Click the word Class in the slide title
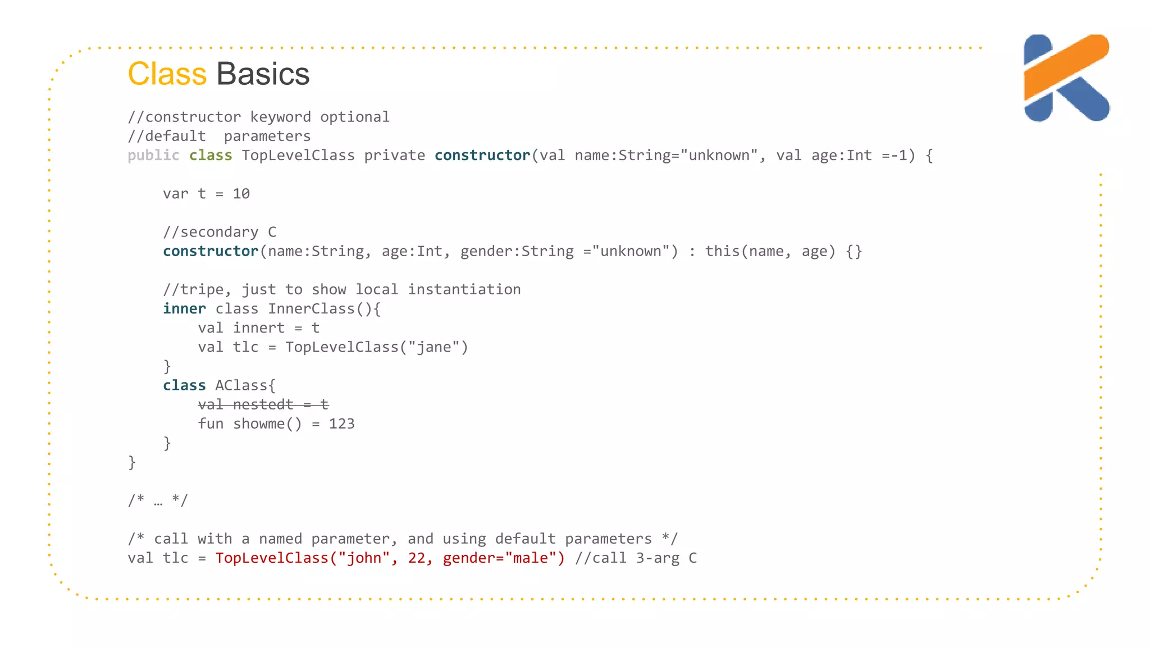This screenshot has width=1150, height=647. [x=167, y=74]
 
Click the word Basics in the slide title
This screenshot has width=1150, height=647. [x=263, y=74]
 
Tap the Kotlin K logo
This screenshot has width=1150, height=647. [x=1065, y=78]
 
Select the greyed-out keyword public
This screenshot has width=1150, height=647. [x=153, y=156]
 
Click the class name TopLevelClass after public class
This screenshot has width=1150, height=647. [x=298, y=156]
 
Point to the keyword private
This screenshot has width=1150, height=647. [x=394, y=156]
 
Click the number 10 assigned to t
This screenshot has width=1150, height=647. [x=241, y=194]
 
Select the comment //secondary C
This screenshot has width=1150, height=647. [x=220, y=232]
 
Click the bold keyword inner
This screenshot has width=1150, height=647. [x=184, y=309]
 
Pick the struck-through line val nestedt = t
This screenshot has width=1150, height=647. [x=263, y=404]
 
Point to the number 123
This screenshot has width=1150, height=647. [x=341, y=424]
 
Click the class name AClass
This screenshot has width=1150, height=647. [x=241, y=385]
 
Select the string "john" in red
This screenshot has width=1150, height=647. [x=364, y=558]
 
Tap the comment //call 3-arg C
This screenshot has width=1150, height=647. [x=636, y=558]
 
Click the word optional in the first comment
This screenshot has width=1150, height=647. [x=354, y=117]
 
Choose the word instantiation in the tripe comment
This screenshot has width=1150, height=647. [x=464, y=290]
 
